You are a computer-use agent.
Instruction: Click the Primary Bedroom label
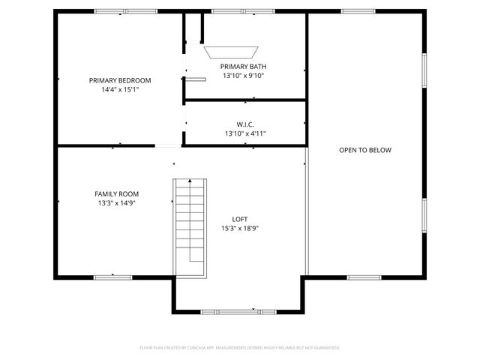120,80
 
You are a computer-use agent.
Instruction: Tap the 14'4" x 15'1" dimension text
120,89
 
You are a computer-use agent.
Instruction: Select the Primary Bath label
244,66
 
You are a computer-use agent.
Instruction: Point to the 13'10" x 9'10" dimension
244,75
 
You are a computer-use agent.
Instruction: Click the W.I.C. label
245,124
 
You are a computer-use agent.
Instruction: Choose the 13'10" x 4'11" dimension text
245,133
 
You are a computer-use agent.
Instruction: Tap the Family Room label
116,193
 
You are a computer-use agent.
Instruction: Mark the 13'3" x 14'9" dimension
116,202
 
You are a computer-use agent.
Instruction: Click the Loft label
240,219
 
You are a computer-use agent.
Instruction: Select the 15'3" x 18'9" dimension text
240,228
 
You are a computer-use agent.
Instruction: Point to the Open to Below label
365,150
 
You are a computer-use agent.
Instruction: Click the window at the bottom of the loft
228,311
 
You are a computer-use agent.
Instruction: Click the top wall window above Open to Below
358,11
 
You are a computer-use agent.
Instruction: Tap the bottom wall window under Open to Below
364,277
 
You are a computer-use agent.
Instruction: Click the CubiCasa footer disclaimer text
240,347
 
